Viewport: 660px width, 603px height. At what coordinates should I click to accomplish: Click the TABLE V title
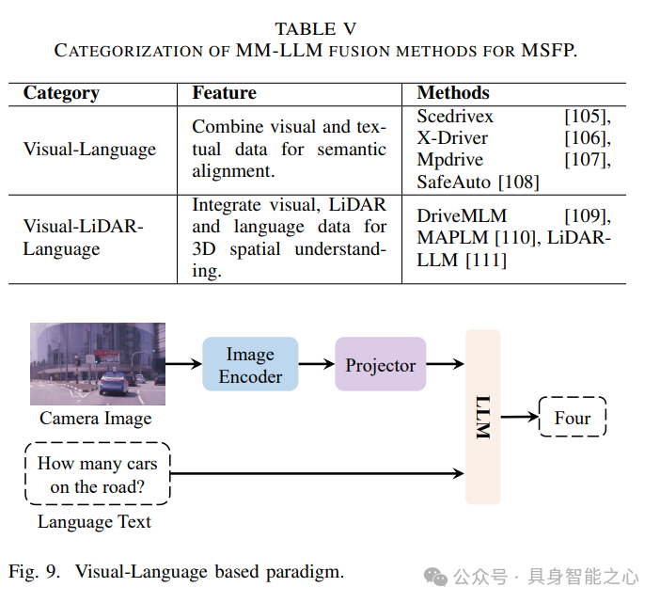click(315, 29)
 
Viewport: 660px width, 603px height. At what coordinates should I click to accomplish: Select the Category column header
click(61, 93)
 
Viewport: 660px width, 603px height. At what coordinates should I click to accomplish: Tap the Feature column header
click(224, 93)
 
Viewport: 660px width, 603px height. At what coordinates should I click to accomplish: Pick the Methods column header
click(453, 93)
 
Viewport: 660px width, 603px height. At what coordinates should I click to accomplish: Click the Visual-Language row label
click(89, 150)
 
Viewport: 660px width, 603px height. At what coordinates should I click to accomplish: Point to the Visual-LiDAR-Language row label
click(84, 238)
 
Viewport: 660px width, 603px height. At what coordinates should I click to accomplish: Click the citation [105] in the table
click(587, 117)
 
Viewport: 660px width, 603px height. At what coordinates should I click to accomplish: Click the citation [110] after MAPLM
click(513, 238)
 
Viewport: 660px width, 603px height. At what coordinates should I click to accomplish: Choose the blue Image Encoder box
click(250, 365)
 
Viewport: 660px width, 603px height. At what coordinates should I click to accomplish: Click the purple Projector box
click(380, 365)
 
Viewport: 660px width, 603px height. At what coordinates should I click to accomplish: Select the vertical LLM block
click(482, 417)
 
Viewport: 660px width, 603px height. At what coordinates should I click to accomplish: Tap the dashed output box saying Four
click(573, 418)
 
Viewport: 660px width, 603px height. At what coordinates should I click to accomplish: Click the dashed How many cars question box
click(98, 474)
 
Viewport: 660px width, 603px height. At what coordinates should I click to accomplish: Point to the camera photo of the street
click(97, 364)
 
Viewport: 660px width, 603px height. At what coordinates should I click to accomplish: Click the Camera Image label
click(95, 419)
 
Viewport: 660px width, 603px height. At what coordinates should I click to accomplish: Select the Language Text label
click(94, 521)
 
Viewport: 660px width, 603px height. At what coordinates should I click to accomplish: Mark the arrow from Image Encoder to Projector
click(316, 365)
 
